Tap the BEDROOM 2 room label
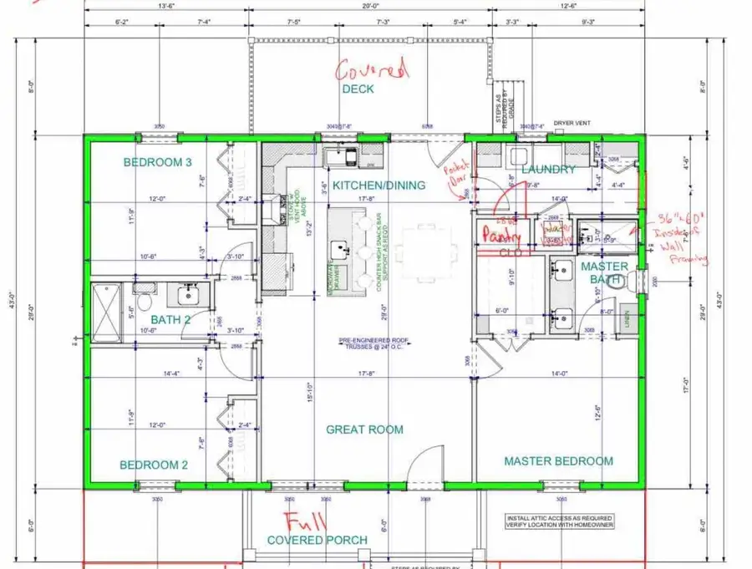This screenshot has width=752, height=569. point(153,465)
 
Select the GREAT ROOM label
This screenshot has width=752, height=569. point(364,429)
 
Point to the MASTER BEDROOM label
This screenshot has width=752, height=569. point(558,461)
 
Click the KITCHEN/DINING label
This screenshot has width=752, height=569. point(379,185)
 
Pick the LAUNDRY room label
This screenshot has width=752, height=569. point(548,170)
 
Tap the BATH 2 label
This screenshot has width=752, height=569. point(171,319)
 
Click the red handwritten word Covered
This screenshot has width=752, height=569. point(373,70)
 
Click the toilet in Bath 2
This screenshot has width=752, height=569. point(144,297)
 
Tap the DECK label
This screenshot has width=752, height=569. point(358,89)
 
